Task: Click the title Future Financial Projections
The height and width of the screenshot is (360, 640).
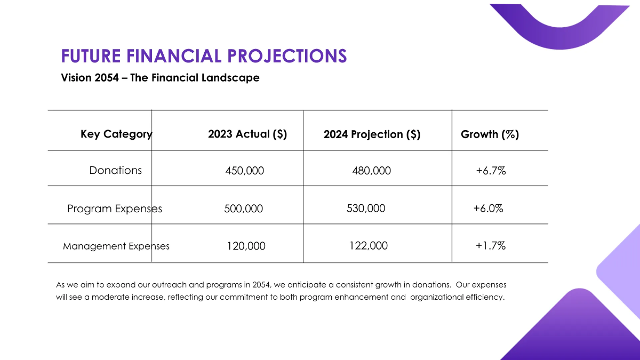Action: tap(204, 56)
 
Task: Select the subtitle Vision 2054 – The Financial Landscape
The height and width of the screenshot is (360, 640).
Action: tap(160, 78)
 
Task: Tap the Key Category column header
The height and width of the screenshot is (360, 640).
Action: tap(116, 134)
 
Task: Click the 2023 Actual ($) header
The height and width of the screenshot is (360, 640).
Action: tap(247, 134)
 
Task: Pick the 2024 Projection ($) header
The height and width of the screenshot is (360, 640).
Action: tap(372, 135)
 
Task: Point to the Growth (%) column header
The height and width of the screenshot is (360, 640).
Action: tap(490, 134)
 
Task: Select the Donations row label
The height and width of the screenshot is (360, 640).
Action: tap(116, 171)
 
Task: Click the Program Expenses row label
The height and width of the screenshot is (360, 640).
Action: tap(115, 209)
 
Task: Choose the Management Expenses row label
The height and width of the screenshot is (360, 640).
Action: tap(116, 246)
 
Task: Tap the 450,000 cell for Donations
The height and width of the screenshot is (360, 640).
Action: tap(245, 171)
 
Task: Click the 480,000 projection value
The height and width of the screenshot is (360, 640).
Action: tap(371, 171)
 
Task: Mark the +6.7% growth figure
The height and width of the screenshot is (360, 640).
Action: tap(491, 171)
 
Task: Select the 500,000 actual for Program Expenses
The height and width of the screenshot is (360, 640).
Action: tap(243, 209)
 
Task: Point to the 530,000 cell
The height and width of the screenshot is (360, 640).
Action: tap(366, 209)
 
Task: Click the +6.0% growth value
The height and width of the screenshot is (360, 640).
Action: tap(488, 209)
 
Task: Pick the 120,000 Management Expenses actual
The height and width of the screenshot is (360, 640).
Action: tap(246, 246)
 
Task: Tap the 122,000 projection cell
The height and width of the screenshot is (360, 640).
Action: tap(369, 246)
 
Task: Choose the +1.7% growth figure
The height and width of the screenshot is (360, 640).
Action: tap(491, 246)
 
